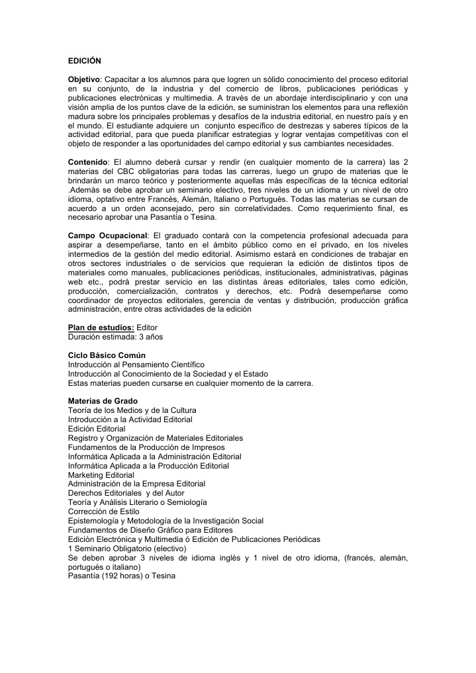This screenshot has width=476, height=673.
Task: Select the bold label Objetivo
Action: [84, 79]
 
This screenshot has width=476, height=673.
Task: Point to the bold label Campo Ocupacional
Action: [107, 235]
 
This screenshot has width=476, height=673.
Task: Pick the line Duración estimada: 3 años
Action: [115, 337]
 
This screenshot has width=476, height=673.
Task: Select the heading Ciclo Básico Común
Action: [107, 355]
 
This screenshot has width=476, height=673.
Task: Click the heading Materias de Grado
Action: [103, 401]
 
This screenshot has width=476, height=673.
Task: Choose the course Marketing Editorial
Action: [101, 475]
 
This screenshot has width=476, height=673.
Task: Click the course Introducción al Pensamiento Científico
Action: [136, 365]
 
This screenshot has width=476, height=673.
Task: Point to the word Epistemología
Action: [95, 521]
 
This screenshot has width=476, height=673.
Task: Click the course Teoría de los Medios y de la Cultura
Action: [132, 410]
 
